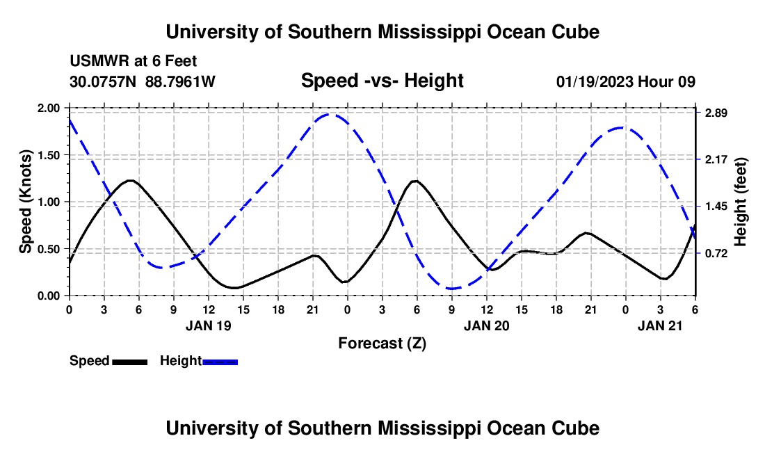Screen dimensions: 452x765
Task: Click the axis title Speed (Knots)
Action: [x=26, y=202]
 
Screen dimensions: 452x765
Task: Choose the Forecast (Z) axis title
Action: [x=382, y=343]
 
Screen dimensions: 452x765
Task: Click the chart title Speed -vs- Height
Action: [x=382, y=81]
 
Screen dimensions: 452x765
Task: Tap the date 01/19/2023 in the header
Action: [x=595, y=82]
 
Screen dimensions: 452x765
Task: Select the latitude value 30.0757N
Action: [x=104, y=82]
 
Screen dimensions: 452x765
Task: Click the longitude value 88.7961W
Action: [x=180, y=82]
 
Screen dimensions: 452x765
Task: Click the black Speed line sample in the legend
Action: [x=129, y=362]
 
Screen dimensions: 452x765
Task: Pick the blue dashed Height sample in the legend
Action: [x=220, y=362]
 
